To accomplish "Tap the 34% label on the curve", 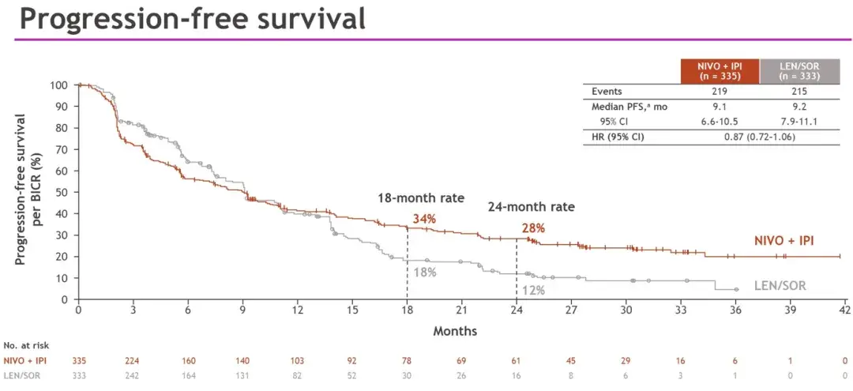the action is (x=424, y=219).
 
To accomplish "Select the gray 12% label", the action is (x=533, y=291).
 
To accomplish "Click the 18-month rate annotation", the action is (x=422, y=198).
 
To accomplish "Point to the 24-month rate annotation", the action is (x=530, y=207).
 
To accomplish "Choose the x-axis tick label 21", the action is (x=461, y=310).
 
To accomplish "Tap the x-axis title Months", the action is (x=456, y=330).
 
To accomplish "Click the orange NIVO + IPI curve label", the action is (x=783, y=240).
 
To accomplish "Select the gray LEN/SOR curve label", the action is (x=780, y=285).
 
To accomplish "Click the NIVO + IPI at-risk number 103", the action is (x=297, y=360).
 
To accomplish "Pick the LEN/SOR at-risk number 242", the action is (x=133, y=375).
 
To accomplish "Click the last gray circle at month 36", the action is (x=736, y=289).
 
